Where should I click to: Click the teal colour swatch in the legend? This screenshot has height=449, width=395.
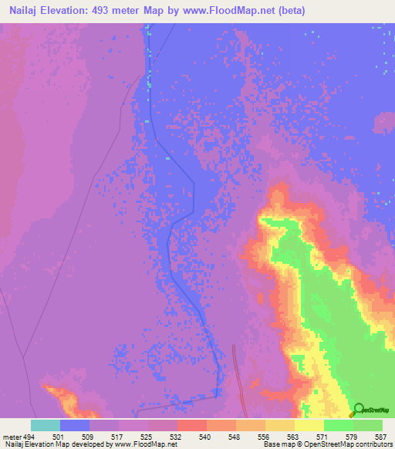tap(46, 425)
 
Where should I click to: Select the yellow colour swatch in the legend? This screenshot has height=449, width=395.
tap(309, 425)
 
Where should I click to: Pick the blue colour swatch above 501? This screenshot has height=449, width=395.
tap(75, 425)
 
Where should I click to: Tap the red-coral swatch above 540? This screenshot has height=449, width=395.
tap(191, 425)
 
